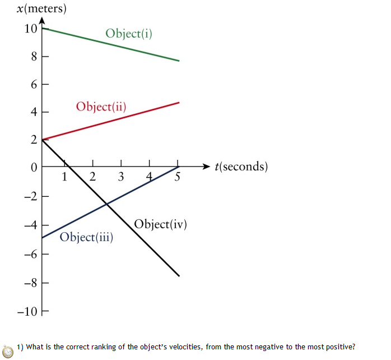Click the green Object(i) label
[x=129, y=34]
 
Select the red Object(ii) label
[x=101, y=107]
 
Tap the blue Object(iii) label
[x=86, y=237]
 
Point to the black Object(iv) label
[x=160, y=224]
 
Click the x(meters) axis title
[x=34, y=9]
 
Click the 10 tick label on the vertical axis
[x=30, y=29]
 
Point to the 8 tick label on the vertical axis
[x=33, y=57]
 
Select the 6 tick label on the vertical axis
[x=33, y=85]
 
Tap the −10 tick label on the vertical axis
[x=27, y=311]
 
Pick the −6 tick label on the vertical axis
[x=30, y=254]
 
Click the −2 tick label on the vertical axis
[x=30, y=196]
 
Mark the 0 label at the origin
[x=33, y=167]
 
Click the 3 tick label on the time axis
[x=121, y=178]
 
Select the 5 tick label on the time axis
[x=178, y=178]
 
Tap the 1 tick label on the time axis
[x=64, y=178]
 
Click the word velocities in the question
[x=181, y=347]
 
